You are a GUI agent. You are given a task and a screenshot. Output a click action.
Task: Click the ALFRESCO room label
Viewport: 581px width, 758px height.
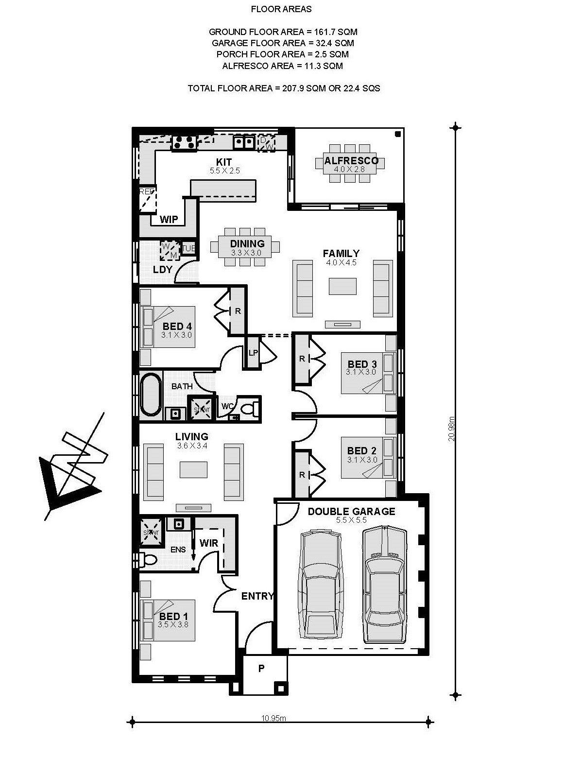(351, 161)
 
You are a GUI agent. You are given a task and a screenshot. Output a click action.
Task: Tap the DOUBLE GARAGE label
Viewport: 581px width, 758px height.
(351, 511)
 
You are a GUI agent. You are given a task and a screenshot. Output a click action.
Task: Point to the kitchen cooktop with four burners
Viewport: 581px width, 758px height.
(184, 142)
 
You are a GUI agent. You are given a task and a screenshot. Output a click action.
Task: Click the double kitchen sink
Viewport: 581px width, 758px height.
(243, 142)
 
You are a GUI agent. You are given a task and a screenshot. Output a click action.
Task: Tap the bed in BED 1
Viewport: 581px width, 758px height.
(168, 620)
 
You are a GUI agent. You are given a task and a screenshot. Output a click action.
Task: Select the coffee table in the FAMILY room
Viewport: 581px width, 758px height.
(342, 286)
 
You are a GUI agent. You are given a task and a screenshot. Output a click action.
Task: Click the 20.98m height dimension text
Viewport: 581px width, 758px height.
(452, 428)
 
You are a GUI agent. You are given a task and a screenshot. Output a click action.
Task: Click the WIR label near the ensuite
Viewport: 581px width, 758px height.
(209, 543)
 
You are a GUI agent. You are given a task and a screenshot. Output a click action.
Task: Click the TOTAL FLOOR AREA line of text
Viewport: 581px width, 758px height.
(283, 88)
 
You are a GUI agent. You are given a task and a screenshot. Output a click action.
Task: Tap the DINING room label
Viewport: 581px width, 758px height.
(247, 243)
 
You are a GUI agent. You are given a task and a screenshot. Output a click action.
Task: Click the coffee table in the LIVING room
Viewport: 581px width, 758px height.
(193, 469)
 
